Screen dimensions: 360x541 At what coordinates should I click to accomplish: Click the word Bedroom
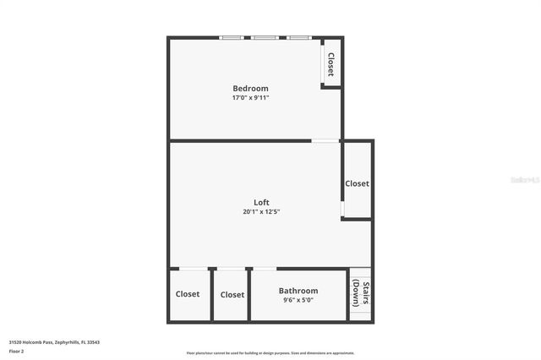(250, 89)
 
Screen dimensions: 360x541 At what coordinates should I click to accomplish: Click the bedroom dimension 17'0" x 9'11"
(250, 98)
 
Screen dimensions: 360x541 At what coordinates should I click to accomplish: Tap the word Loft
(261, 202)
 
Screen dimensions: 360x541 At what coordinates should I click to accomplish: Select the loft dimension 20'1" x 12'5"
(261, 211)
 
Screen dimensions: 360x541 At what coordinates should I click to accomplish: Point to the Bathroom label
(298, 291)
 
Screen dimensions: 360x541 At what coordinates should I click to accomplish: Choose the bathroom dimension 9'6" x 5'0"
(298, 300)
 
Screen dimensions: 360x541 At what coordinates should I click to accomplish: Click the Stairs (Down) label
(359, 293)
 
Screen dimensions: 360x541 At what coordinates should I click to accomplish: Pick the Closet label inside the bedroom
(331, 64)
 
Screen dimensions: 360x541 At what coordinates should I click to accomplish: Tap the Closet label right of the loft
(357, 183)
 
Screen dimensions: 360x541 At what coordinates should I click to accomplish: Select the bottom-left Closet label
(188, 294)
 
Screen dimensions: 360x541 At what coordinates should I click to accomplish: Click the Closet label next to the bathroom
(232, 295)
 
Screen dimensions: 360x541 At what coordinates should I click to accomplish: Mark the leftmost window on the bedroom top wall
(232, 38)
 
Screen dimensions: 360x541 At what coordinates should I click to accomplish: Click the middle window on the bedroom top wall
(264, 38)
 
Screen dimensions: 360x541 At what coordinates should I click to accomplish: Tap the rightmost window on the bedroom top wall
(298, 38)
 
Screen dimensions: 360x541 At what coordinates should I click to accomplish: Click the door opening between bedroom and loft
(325, 140)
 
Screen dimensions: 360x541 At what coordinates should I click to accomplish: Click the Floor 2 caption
(17, 351)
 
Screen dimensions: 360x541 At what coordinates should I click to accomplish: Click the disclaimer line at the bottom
(270, 353)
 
